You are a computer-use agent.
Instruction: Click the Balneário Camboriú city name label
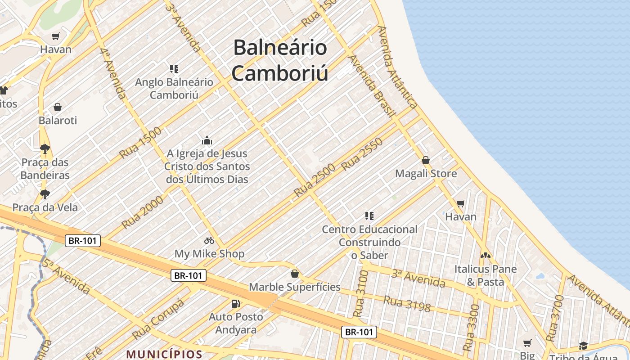click(280, 61)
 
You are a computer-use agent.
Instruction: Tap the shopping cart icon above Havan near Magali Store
click(460, 204)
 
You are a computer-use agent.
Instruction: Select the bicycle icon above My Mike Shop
click(209, 240)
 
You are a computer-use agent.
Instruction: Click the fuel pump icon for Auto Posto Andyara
click(235, 304)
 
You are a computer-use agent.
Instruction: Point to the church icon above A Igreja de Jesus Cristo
click(207, 140)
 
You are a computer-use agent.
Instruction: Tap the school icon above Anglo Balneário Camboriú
click(174, 69)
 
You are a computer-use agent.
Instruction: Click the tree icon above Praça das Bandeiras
click(45, 148)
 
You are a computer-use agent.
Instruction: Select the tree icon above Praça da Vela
click(45, 194)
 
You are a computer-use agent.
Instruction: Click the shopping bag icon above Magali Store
click(425, 160)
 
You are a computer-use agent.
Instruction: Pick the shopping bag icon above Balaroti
click(57, 107)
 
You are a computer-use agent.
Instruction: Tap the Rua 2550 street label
click(362, 154)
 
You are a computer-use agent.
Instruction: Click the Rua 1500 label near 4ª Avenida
click(140, 143)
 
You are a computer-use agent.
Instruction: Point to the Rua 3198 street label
click(407, 304)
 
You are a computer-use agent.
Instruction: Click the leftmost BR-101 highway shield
click(83, 241)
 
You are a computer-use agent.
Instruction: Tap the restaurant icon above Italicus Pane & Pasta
click(485, 255)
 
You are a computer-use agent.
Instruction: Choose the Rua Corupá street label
click(158, 319)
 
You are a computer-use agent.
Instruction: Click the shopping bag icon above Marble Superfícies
click(294, 274)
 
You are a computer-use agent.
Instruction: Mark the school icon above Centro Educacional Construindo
click(369, 216)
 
